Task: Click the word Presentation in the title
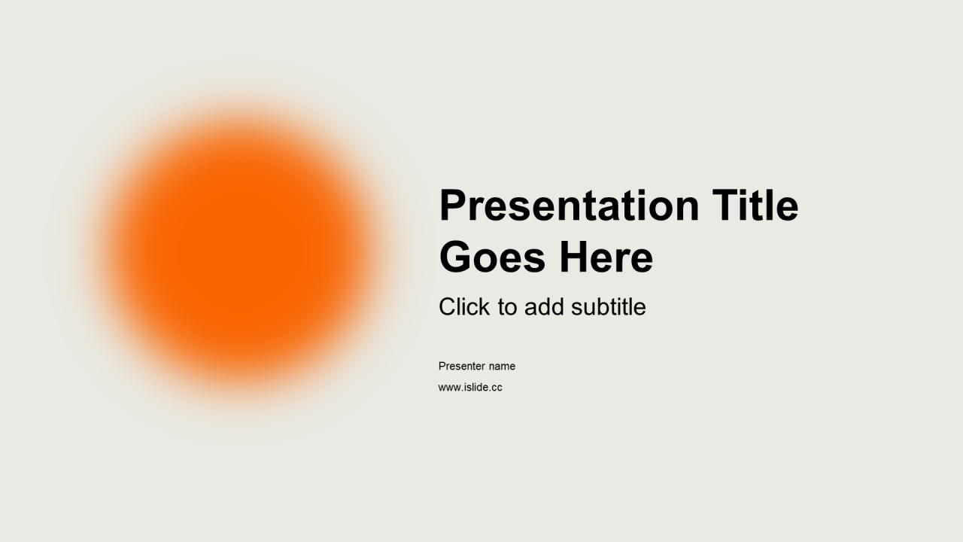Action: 570,206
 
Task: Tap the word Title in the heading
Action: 755,206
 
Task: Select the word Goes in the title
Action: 492,257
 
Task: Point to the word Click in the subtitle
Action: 464,306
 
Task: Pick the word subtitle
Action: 609,306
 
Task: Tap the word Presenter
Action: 462,366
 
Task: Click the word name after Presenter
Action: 502,367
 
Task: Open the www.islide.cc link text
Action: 470,387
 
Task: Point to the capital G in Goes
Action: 455,257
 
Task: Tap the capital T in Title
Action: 726,206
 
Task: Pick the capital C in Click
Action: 447,306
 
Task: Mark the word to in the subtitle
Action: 507,308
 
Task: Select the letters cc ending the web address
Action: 497,388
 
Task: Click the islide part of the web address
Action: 476,387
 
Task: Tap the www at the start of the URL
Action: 450,388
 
